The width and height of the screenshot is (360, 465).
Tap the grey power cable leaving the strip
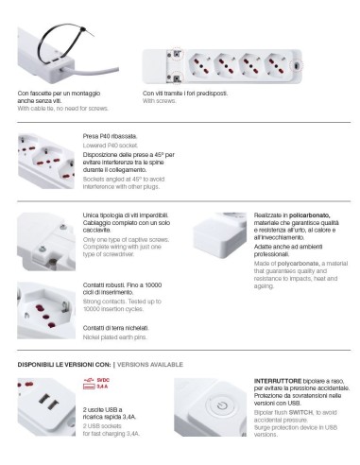tap(94, 71)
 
